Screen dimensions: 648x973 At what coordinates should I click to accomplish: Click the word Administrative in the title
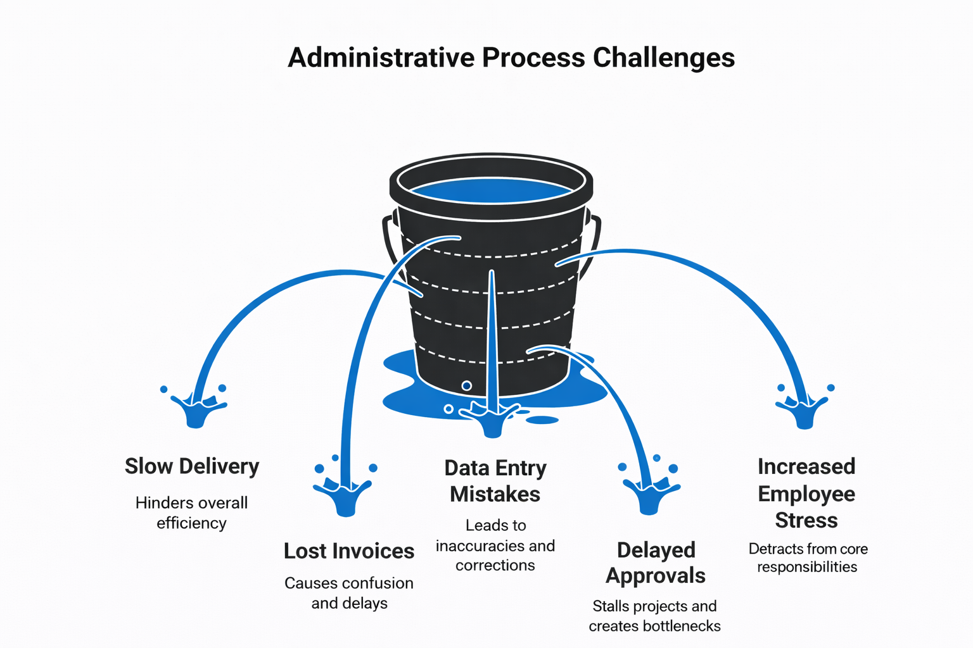pyautogui.click(x=381, y=58)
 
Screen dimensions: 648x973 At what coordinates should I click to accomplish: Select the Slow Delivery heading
pyautogui.click(x=192, y=466)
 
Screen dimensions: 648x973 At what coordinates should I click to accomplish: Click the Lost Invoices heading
pyautogui.click(x=348, y=551)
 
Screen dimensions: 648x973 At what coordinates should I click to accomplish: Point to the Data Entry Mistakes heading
pyautogui.click(x=495, y=481)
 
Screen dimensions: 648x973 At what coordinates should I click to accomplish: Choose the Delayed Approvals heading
pyautogui.click(x=656, y=563)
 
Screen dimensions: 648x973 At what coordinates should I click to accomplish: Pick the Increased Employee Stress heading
pyautogui.click(x=806, y=493)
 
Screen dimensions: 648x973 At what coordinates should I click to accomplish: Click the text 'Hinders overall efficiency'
pyautogui.click(x=191, y=513)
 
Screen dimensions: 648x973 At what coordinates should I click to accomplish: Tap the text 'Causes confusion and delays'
pyautogui.click(x=348, y=593)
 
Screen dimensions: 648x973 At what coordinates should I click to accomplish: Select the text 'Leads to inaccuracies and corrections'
pyautogui.click(x=495, y=545)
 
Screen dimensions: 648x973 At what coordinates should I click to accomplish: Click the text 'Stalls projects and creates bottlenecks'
pyautogui.click(x=654, y=616)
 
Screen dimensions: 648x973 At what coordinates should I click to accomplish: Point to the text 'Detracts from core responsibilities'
pyautogui.click(x=808, y=558)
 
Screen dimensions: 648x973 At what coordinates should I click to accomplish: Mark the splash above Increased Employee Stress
pyautogui.click(x=804, y=411)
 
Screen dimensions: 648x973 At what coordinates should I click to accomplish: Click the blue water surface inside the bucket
pyautogui.click(x=491, y=191)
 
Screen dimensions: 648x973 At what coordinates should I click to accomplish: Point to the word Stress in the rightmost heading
pyautogui.click(x=806, y=520)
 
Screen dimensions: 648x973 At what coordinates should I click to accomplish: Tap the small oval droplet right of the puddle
pyautogui.click(x=542, y=420)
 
